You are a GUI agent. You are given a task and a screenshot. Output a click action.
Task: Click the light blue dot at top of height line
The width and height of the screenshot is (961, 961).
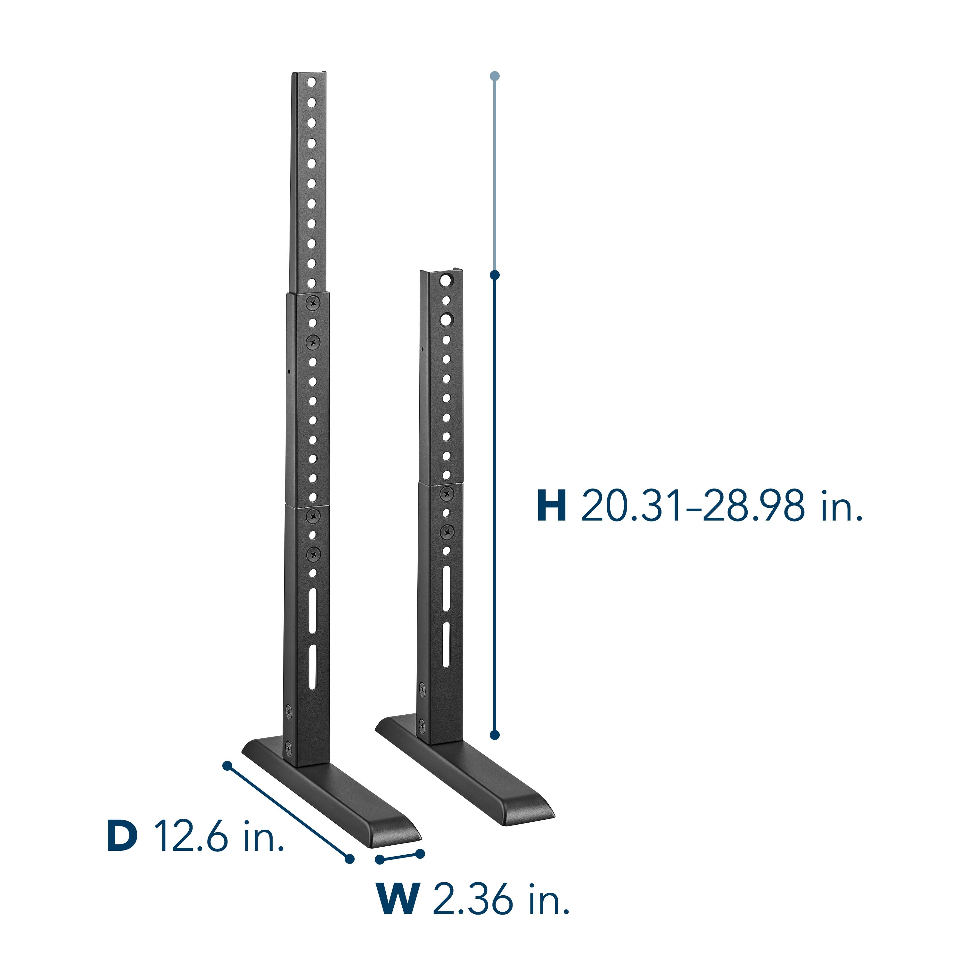pos(494,76)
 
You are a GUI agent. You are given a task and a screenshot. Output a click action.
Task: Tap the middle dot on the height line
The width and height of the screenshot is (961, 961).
pos(494,275)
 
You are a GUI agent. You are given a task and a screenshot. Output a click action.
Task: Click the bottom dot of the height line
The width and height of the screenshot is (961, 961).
pos(494,735)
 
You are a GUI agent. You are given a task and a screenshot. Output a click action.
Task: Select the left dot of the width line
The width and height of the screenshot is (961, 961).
pos(380,859)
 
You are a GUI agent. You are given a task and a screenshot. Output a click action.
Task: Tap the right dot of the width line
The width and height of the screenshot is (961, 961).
pos(420,854)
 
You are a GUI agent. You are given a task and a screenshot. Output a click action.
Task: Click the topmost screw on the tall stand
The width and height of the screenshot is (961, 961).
pos(313,301)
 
